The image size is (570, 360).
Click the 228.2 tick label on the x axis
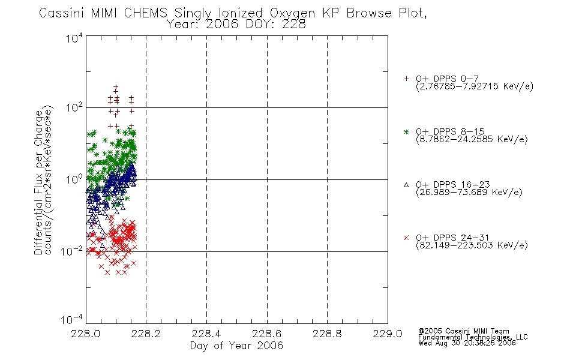pos(146,334)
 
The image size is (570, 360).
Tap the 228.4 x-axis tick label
pos(206,334)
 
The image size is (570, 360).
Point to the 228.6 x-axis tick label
pos(267,334)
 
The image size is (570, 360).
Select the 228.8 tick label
pos(327,334)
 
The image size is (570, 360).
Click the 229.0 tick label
pos(388,334)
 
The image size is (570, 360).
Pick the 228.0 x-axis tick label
pos(85,334)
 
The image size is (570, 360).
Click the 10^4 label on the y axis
pos(74,38)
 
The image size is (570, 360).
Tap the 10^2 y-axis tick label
pos(74,107)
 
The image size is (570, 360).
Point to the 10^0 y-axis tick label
pos(74,179)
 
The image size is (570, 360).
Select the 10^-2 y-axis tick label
pos(71,251)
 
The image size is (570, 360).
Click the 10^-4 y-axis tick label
pos(71,320)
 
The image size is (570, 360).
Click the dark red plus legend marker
pos(406,79)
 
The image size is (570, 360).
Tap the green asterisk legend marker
pos(406,131)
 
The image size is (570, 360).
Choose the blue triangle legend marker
pos(406,185)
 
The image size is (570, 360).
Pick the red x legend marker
pos(406,238)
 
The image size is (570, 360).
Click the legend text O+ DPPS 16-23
pos(453,185)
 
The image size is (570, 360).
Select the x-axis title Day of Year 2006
pos(236,346)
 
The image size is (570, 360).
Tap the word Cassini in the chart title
pos(61,13)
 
